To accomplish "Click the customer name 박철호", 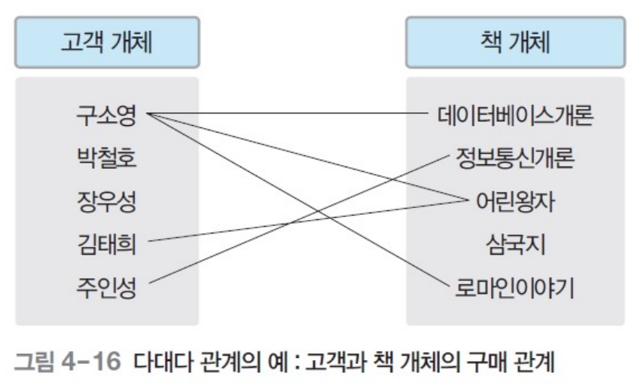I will coord(106,159).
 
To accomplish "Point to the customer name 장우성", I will coord(106,201).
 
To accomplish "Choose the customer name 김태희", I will coord(106,243).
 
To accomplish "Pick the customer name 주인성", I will coord(106,286).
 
